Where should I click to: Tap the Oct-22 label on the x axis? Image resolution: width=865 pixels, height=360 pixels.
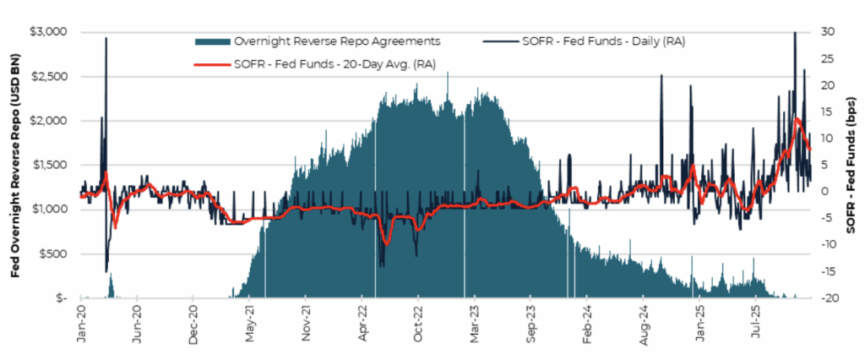pos(418,324)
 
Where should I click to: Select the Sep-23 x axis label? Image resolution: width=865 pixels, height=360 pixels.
pos(530,324)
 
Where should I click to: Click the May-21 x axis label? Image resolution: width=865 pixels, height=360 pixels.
pos(250,324)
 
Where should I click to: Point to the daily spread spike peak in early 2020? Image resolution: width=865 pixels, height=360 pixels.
pos(106,38)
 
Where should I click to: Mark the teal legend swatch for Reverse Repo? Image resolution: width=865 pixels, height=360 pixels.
pos(213,40)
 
